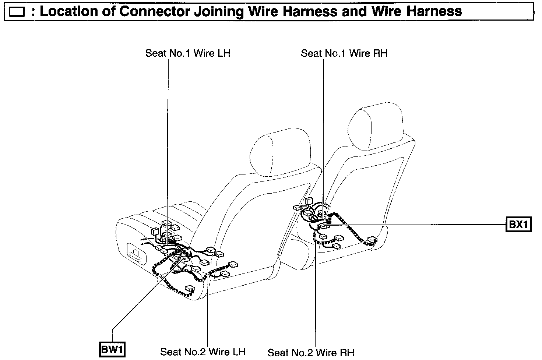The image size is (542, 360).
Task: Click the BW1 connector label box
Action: click(112, 350)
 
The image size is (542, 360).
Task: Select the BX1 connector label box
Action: click(518, 224)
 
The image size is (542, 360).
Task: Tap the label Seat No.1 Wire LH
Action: click(187, 53)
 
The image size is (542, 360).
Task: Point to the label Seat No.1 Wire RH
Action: click(344, 53)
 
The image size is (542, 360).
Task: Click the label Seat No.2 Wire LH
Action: click(203, 352)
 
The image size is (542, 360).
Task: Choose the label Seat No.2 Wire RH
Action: click(310, 353)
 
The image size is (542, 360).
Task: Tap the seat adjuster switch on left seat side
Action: click(136, 254)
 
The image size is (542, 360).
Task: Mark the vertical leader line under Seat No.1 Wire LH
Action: click(168, 147)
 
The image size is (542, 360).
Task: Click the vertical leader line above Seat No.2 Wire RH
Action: click(316, 294)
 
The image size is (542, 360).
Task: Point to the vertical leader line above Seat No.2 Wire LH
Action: click(208, 313)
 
